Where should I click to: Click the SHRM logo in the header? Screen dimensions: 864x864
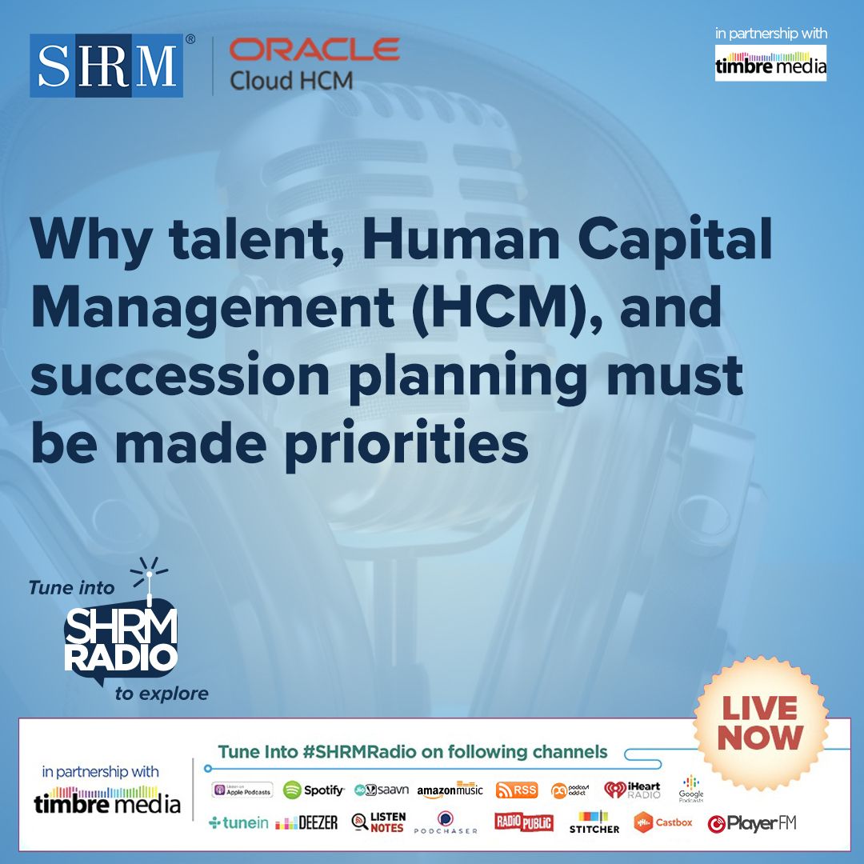coord(106,65)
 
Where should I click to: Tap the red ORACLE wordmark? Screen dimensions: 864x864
coord(314,50)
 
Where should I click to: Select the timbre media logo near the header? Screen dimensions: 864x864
coord(770,64)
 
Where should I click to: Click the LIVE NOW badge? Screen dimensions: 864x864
coord(759,722)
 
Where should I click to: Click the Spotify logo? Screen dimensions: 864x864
coord(314,790)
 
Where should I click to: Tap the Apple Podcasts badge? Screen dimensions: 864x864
coord(242,790)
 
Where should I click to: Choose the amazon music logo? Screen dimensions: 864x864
coord(450,790)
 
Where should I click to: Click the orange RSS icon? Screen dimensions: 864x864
coord(516,790)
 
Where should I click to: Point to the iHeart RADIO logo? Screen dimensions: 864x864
coord(632,790)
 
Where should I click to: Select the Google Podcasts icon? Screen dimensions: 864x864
coord(691,788)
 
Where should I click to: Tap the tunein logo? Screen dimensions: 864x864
coord(238,823)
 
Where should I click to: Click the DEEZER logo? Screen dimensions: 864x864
coord(306,823)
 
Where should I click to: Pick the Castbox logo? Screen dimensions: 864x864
coord(663,822)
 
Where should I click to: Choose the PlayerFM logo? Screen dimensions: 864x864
coord(752,823)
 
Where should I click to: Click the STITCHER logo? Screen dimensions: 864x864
coord(594,822)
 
